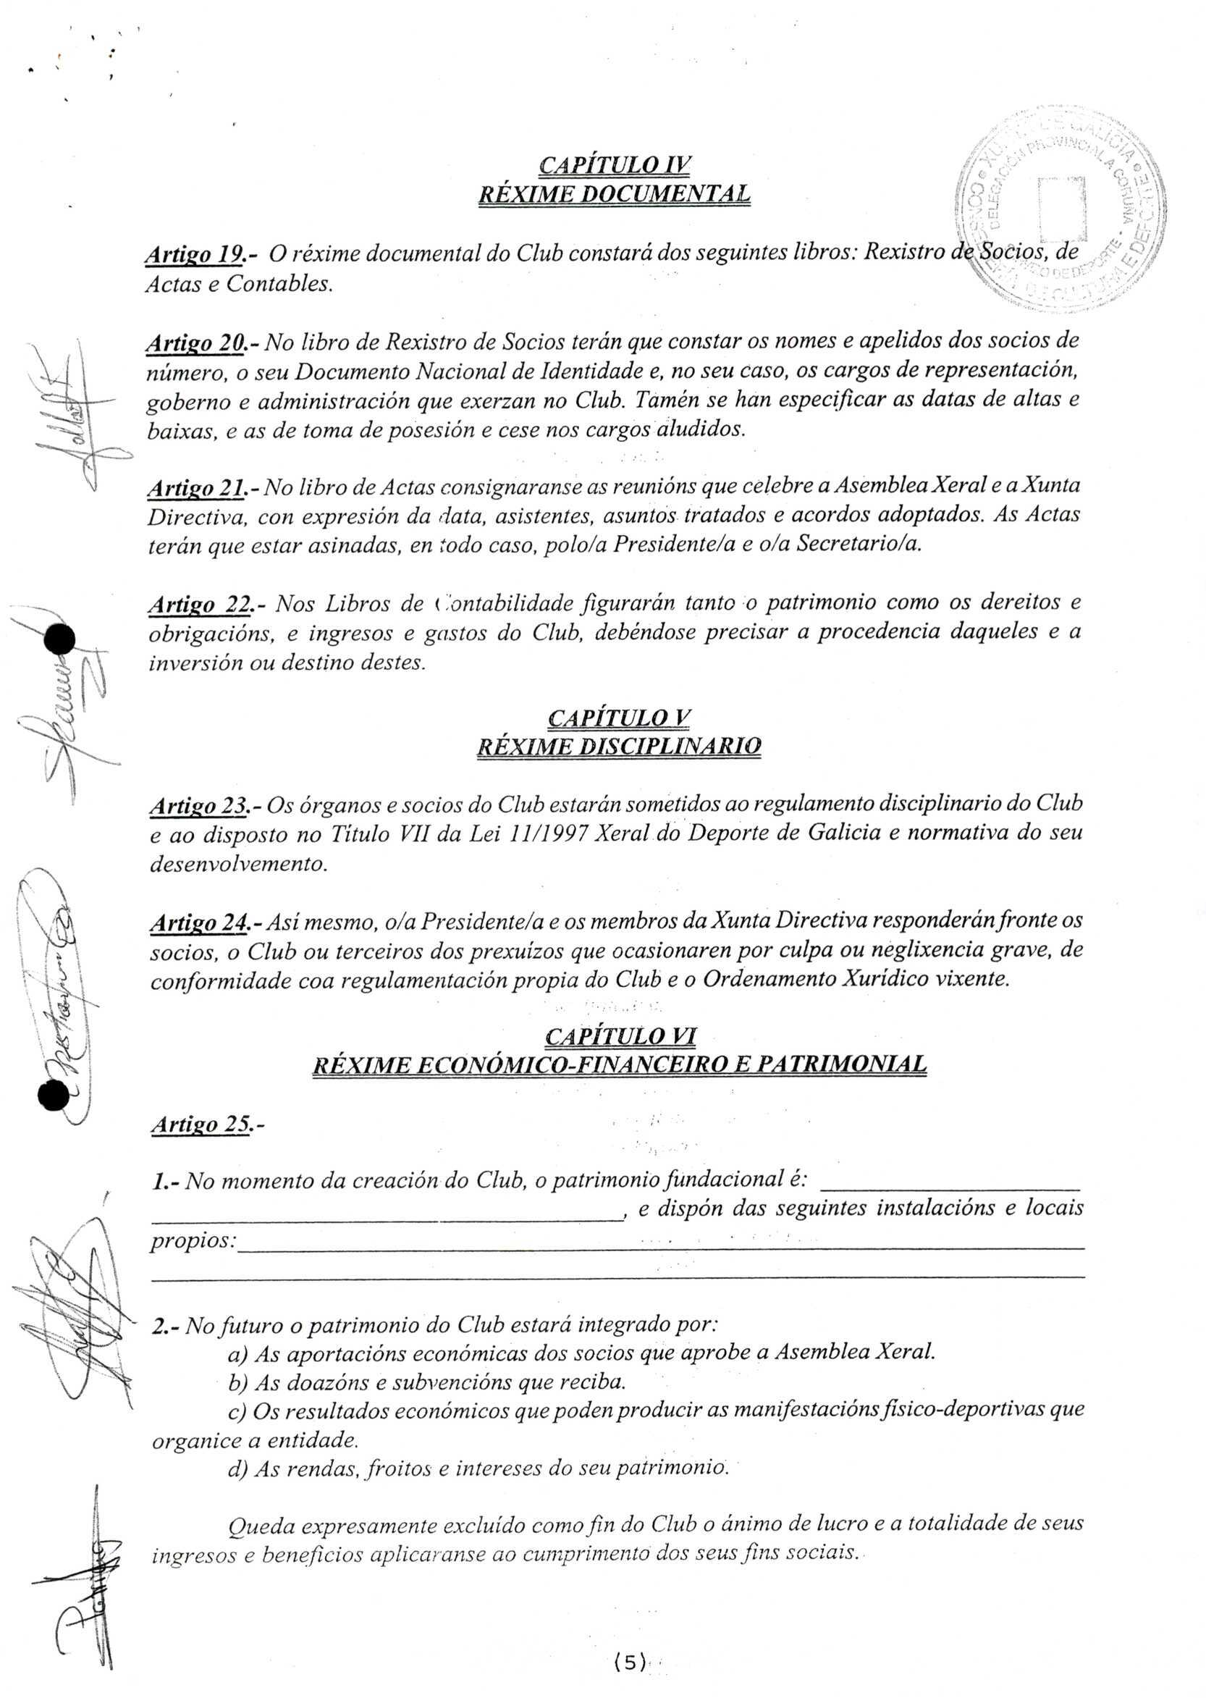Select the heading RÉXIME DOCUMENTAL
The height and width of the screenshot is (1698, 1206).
pos(613,195)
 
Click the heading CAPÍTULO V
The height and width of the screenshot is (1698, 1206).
pos(619,718)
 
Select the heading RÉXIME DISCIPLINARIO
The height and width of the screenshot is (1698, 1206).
pos(619,746)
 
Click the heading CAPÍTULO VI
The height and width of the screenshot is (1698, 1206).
pos(620,1035)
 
